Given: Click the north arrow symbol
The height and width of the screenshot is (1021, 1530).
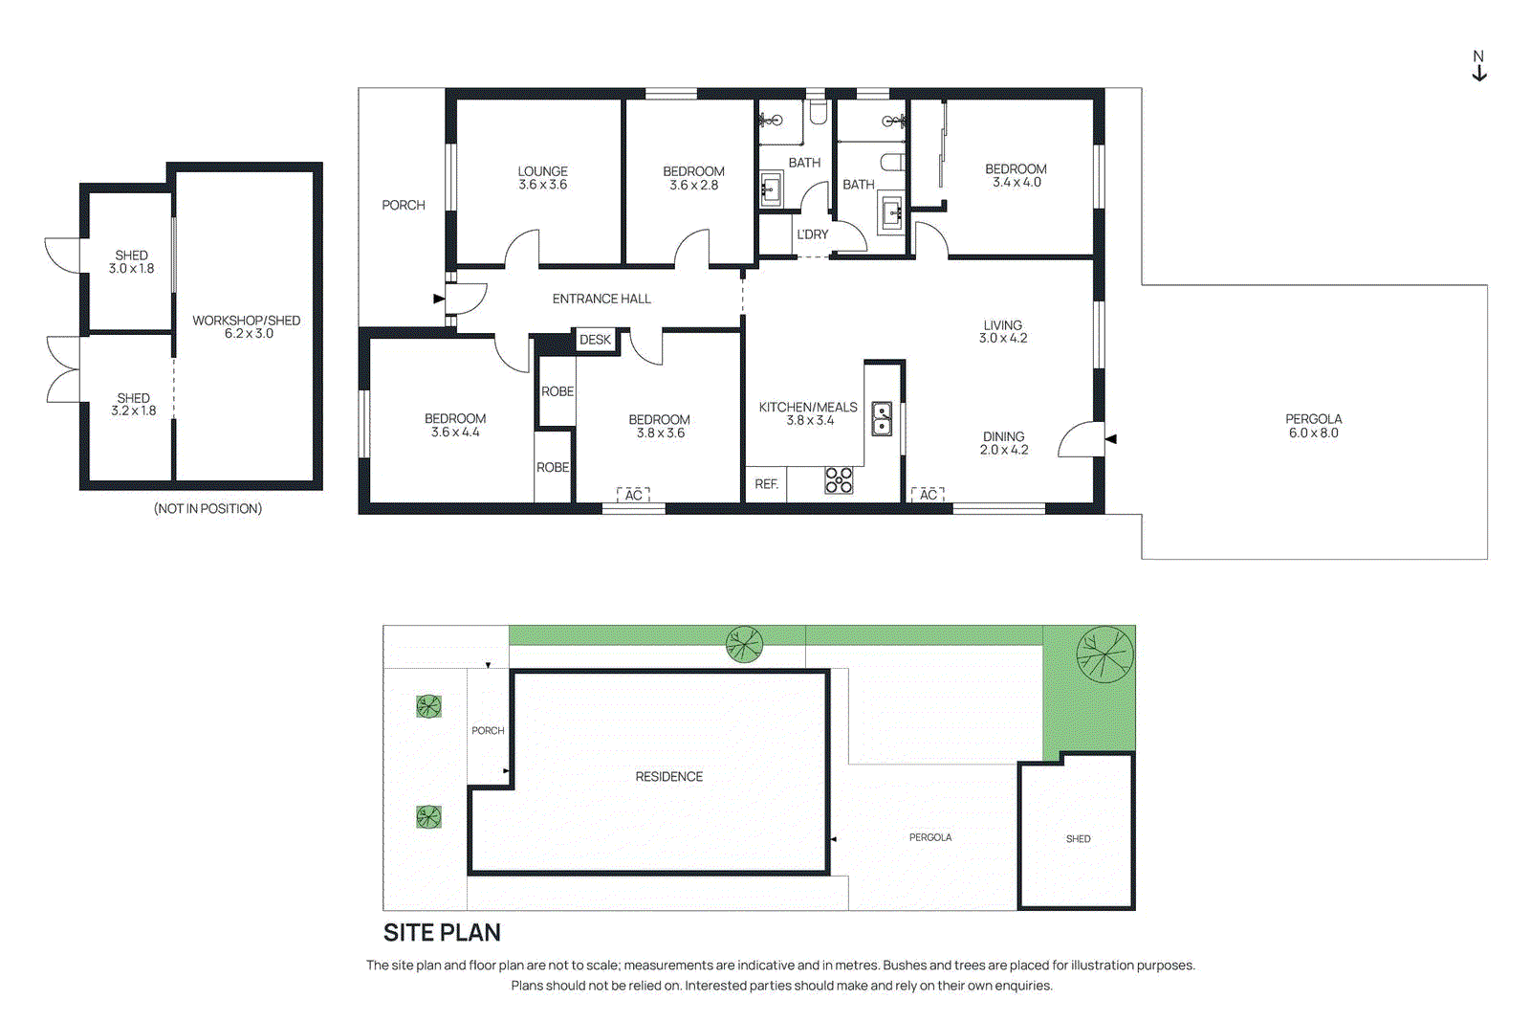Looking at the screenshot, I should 1478,67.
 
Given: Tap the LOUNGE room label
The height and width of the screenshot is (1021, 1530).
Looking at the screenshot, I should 542,171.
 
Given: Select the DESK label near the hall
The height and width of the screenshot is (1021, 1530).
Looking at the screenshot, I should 595,340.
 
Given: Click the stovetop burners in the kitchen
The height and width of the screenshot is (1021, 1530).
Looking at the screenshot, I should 839,480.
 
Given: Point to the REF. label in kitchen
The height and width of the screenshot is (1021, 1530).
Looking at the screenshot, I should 766,484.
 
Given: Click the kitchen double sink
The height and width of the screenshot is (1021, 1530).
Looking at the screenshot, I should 882,419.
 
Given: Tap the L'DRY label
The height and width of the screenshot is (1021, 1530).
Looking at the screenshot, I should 812,234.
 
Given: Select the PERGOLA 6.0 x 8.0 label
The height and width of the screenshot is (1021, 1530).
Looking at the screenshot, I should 1313,426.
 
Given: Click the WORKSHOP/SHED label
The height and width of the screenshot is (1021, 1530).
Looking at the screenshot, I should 246,321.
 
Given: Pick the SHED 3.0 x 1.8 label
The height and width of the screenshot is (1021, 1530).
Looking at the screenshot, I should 131,262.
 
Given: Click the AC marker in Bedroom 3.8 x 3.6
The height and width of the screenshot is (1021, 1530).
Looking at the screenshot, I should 633,495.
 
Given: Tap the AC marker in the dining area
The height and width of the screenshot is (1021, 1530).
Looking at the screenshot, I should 928,495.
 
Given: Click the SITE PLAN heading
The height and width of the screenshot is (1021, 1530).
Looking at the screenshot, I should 442,932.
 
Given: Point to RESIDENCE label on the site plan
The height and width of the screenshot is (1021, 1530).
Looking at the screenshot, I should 668,777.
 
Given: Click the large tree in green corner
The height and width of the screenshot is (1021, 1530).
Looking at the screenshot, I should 1104,655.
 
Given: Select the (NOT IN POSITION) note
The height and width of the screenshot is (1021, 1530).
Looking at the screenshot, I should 208,509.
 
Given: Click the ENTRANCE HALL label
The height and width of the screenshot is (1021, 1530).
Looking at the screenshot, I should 601,299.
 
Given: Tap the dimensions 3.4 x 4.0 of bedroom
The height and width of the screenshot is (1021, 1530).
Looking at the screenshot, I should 1016,183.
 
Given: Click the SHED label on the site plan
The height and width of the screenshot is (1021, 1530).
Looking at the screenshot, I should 1078,839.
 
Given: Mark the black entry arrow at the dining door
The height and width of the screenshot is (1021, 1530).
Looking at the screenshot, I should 1110,439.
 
